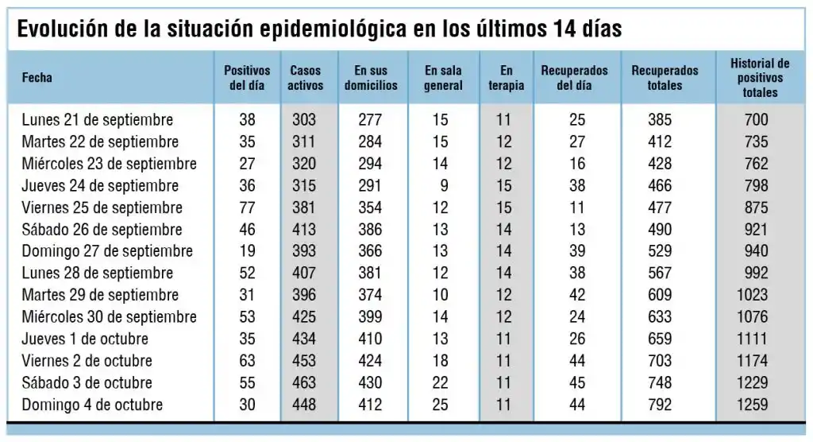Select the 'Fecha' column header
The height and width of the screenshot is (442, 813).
[x=37, y=78]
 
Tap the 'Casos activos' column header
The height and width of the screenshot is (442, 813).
[x=306, y=78]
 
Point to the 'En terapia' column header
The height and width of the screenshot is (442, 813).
[x=506, y=78]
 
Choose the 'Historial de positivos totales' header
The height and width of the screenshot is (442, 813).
[x=760, y=78]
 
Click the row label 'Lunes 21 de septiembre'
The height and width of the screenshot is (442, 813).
[x=97, y=120]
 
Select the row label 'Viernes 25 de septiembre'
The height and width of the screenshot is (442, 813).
[x=102, y=207]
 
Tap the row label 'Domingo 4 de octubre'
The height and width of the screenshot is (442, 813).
[x=92, y=405]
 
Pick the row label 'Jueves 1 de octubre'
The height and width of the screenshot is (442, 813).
[x=85, y=339]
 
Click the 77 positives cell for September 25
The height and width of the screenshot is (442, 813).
[x=247, y=207]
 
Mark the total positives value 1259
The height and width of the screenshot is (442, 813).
[x=753, y=405]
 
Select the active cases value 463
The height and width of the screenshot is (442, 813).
[x=303, y=382]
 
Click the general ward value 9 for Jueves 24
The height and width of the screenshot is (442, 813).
[x=443, y=186]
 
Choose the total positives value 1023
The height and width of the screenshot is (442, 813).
[x=753, y=295]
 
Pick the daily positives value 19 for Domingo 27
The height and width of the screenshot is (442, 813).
[x=247, y=251]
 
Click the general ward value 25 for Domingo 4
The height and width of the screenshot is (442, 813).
[x=440, y=405]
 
